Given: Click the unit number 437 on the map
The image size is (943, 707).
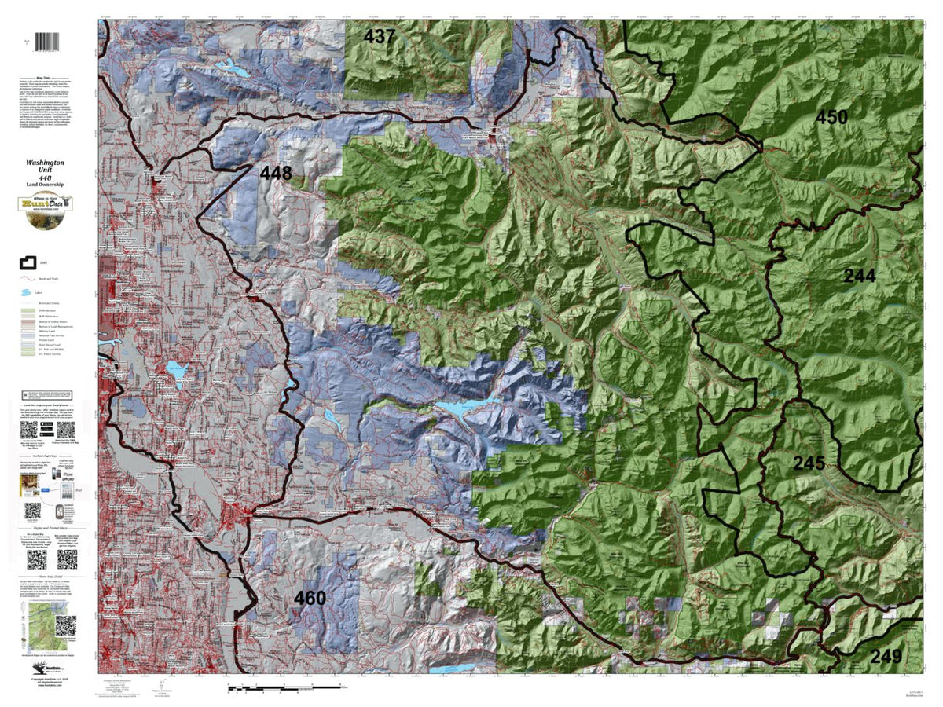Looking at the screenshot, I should pyautogui.click(x=380, y=36).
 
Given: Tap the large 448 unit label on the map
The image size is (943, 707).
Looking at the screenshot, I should pyautogui.click(x=276, y=173).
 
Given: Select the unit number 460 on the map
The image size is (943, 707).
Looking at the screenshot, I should pyautogui.click(x=310, y=599).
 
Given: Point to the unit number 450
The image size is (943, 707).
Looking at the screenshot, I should pyautogui.click(x=853, y=118).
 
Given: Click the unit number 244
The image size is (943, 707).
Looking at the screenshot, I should pyautogui.click(x=859, y=275).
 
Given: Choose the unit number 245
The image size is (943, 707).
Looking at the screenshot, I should pyautogui.click(x=809, y=463).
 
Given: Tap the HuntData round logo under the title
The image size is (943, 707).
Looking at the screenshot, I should pyautogui.click(x=49, y=207).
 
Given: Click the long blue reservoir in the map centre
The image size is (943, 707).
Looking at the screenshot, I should pyautogui.click(x=465, y=408).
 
